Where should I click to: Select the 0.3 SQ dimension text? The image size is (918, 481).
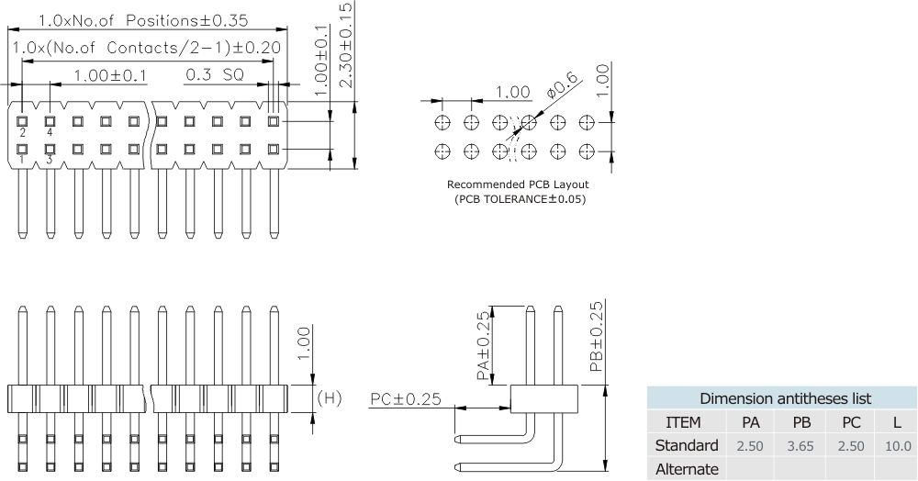point(214,74)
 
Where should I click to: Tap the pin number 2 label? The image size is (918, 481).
point(22,132)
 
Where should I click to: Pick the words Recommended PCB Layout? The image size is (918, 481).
point(518,185)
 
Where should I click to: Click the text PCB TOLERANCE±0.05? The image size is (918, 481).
point(519,199)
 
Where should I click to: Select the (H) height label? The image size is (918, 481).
point(329,397)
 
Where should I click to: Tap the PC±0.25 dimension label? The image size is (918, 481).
point(406,398)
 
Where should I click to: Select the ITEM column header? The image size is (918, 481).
point(683,422)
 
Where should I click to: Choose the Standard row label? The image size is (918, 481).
point(686,446)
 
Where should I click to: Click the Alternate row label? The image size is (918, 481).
point(686,469)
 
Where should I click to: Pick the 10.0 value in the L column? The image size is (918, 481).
point(897,446)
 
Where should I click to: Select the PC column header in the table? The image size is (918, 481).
point(848,422)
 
